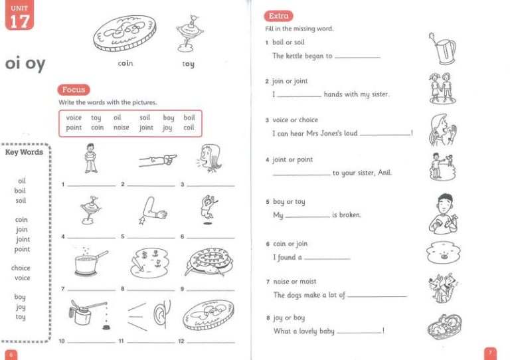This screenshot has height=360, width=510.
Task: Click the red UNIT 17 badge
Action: [19, 17]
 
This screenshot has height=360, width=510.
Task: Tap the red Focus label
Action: [73, 90]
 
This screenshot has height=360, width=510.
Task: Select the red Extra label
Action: [278, 16]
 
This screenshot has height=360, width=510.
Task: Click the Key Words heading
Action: [24, 152]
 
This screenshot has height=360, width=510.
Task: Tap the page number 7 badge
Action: [489, 353]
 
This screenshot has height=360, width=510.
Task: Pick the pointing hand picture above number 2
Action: [157, 159]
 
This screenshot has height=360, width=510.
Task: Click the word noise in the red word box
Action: [121, 128]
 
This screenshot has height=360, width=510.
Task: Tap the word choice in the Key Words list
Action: [21, 268]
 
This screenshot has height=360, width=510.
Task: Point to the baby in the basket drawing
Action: [440, 326]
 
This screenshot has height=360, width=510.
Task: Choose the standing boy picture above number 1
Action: [90, 159]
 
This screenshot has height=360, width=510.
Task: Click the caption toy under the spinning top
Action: [188, 64]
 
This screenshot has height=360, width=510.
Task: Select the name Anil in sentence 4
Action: [384, 173]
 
